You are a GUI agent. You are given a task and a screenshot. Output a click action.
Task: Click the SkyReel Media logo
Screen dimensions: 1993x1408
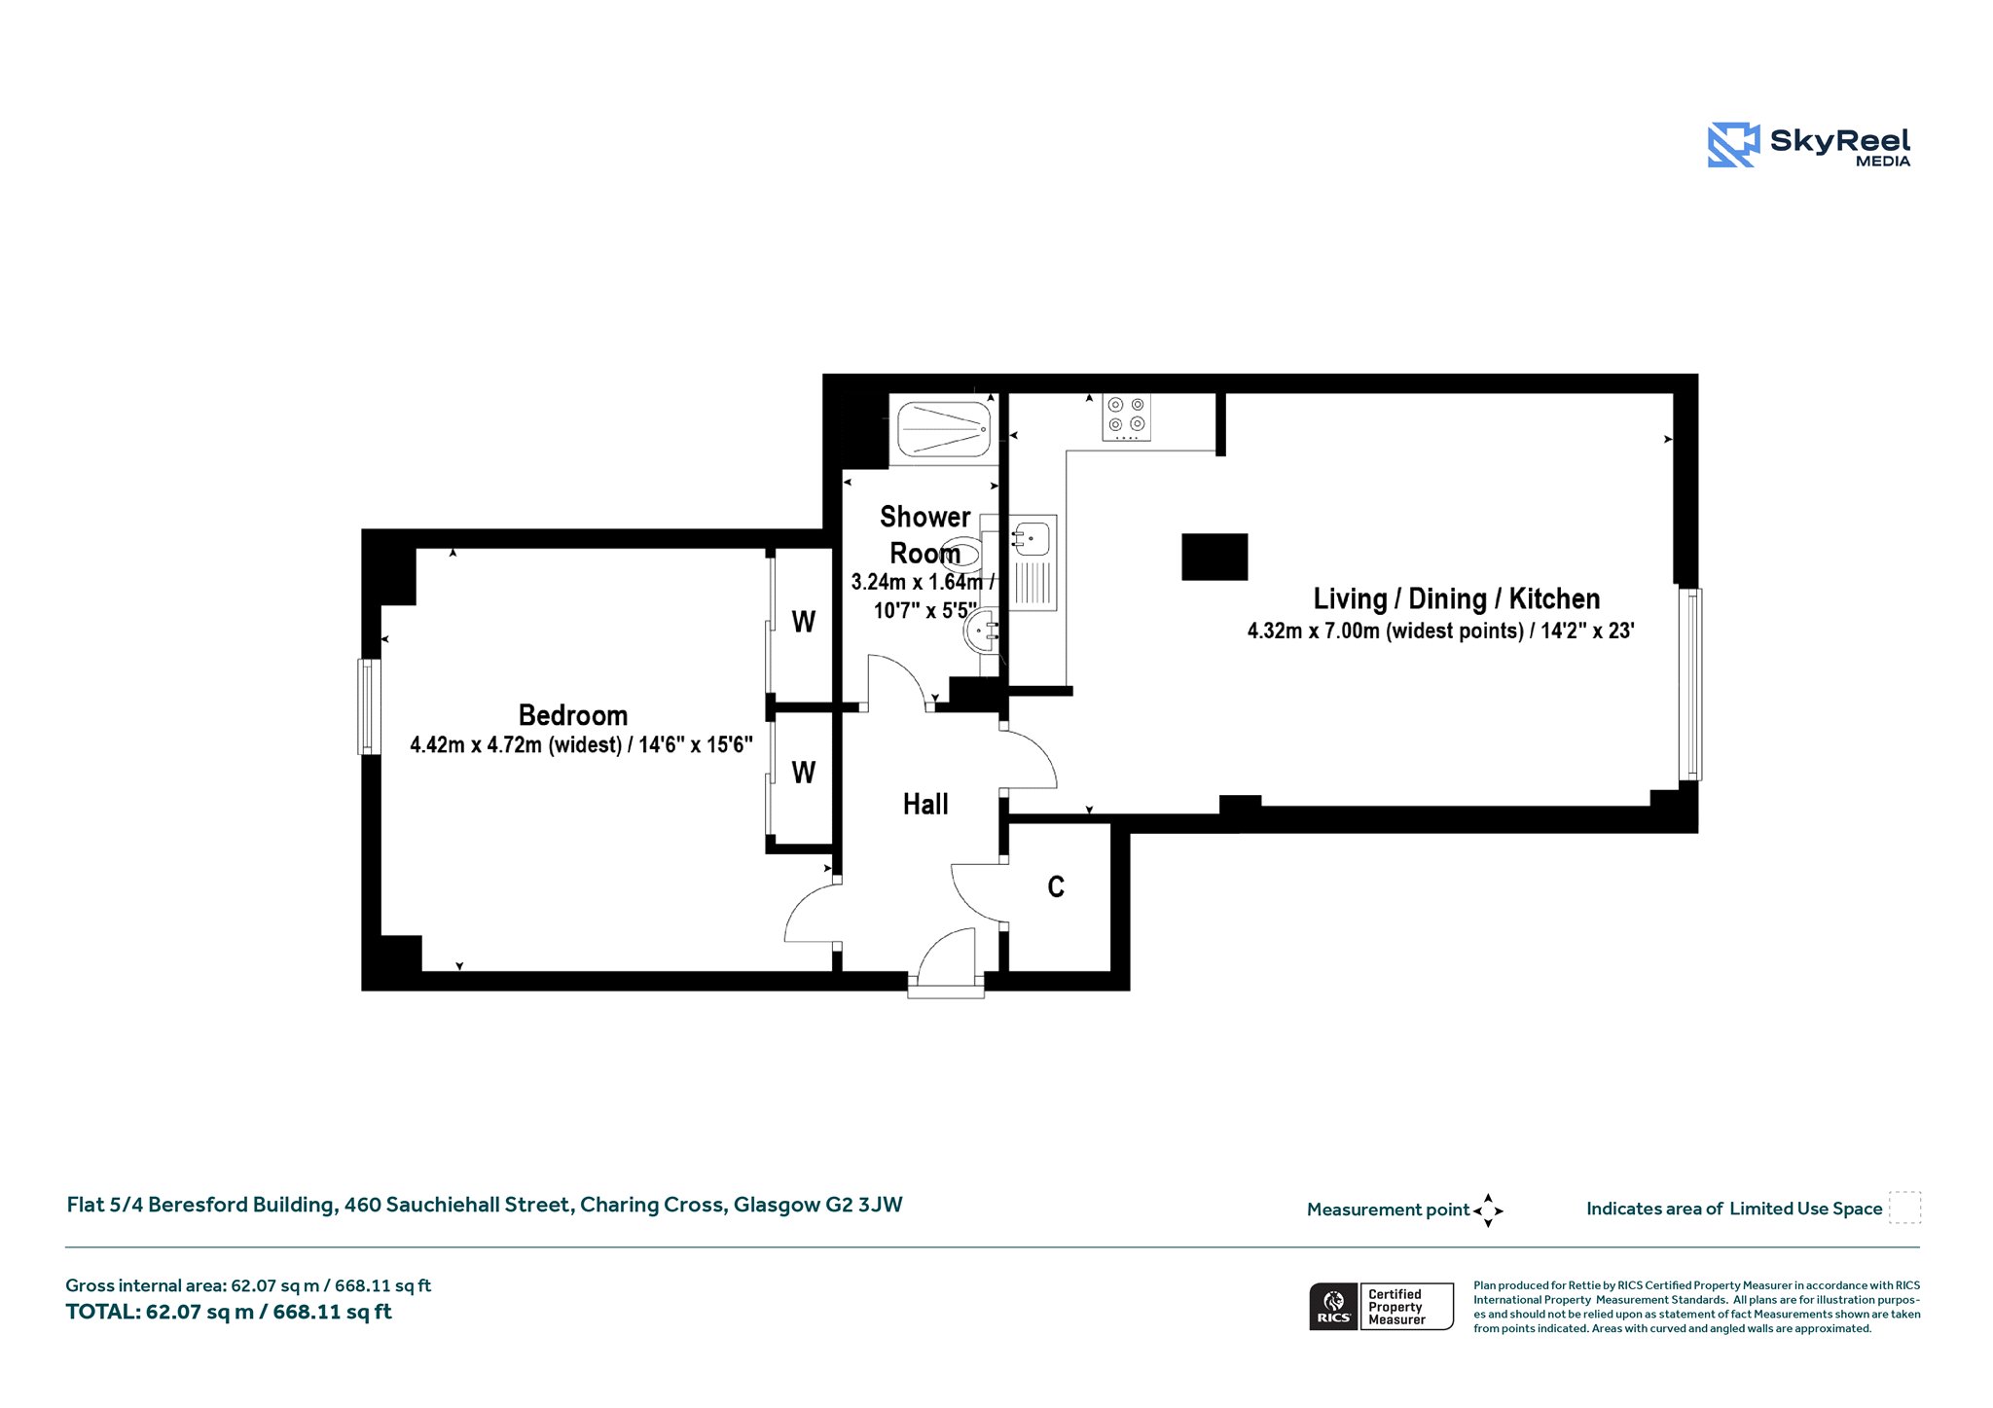point(1808,145)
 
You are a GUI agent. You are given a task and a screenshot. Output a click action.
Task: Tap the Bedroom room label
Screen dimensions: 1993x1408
point(573,715)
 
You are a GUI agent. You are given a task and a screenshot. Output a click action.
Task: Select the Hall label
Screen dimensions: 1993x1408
point(924,804)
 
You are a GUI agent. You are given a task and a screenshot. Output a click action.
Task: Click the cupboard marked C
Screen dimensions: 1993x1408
point(1056,886)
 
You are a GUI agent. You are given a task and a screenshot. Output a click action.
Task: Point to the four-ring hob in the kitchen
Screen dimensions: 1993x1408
point(1127,416)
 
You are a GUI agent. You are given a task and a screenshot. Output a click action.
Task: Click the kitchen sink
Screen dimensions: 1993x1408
point(1032,537)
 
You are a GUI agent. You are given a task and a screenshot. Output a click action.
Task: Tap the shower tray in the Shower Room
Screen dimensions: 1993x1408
point(943,429)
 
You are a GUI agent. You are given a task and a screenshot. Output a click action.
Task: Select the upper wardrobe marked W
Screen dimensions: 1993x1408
point(803,622)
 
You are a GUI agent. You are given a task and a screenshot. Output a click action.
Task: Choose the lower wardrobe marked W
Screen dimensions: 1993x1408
point(803,773)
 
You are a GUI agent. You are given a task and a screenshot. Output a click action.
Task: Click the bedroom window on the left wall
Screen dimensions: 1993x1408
point(369,706)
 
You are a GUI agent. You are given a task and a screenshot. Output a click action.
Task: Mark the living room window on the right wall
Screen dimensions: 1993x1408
point(1690,684)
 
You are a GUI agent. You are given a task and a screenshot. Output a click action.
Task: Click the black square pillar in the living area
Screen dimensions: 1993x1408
point(1214,557)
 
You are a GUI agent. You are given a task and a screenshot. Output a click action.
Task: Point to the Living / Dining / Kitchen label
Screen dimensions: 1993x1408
point(1456,598)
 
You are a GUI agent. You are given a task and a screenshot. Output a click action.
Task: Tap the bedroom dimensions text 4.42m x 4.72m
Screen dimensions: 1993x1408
point(581,745)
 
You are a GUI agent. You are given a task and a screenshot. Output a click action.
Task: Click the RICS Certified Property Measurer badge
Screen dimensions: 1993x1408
point(1381,1306)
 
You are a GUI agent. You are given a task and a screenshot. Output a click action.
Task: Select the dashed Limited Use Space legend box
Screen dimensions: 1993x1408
point(1904,1208)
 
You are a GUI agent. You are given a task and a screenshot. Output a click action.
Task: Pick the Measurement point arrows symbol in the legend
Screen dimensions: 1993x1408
point(1488,1210)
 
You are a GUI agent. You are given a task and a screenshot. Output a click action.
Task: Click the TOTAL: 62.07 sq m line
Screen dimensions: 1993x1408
point(229,1312)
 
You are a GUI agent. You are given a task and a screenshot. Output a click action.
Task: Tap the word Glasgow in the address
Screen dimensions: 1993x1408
point(777,1205)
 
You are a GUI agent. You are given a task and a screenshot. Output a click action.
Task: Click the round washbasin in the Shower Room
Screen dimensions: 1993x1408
point(982,632)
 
